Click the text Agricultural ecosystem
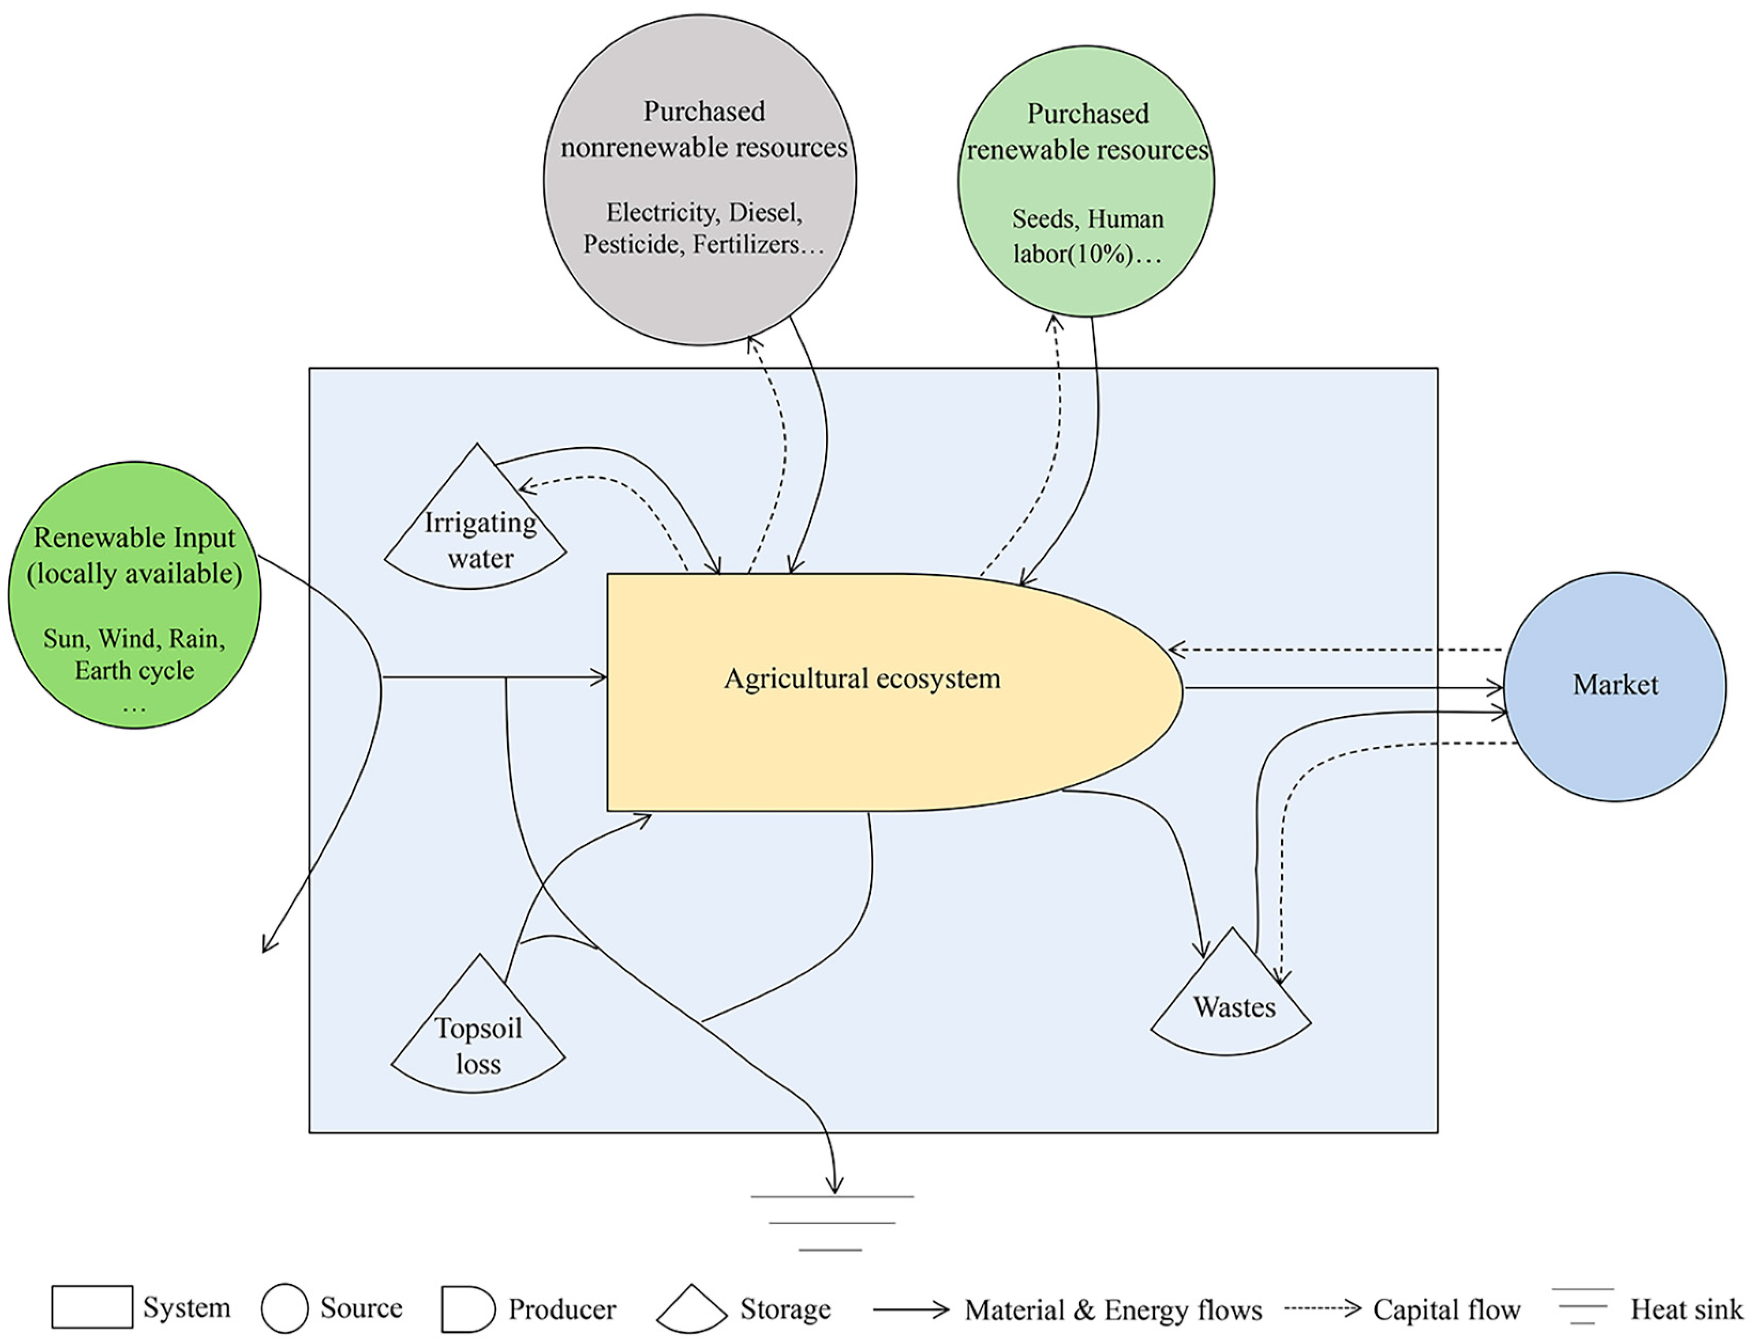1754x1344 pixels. (x=862, y=678)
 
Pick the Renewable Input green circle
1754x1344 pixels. (x=135, y=595)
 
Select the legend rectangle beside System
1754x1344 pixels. (x=92, y=1307)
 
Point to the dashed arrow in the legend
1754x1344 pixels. (x=1322, y=1309)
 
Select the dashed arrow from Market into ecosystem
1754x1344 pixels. (x=1336, y=650)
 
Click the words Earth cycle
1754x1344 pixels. (x=135, y=670)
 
